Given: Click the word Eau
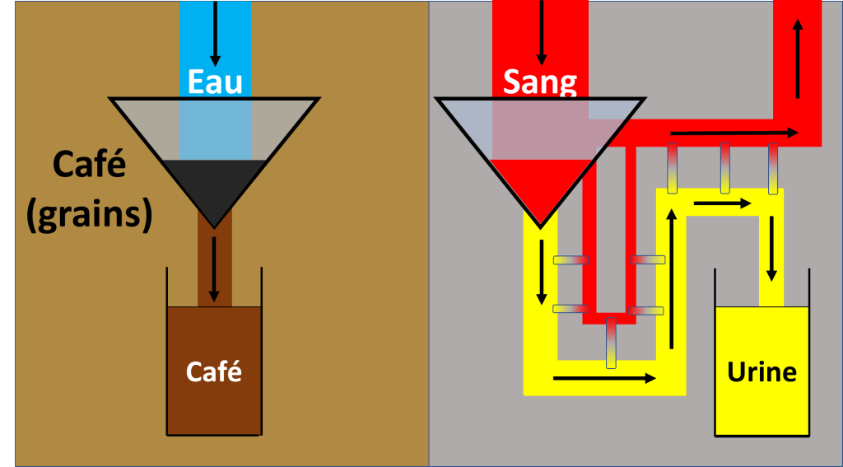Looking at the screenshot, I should point(215,82).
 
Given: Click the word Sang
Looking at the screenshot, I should point(540,82).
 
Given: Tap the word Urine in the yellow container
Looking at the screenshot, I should point(761,371).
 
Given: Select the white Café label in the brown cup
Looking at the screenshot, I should point(214,371).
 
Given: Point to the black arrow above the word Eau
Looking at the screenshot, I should point(215,33).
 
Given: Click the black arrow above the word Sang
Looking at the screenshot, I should point(541,33).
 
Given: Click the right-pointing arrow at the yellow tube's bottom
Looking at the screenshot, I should point(605,378).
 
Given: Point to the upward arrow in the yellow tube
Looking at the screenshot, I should point(673,276).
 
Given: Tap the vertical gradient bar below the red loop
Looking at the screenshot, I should point(610,343).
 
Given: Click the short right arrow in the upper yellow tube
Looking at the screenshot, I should point(723,203).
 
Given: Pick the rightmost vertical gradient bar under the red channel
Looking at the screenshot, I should point(773,168).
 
